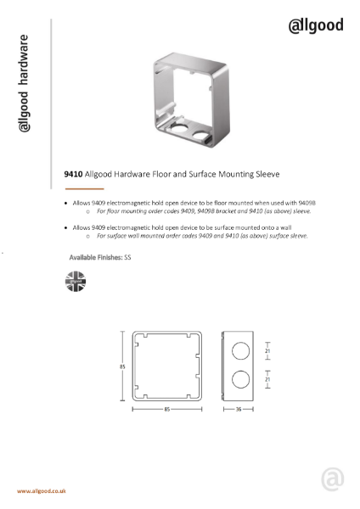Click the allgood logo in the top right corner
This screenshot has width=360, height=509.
click(x=316, y=25)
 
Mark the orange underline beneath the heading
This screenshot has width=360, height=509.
click(x=84, y=188)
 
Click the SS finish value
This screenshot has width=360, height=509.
click(x=128, y=255)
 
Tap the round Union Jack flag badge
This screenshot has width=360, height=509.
click(x=76, y=282)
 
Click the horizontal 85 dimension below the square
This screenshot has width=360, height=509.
click(x=166, y=409)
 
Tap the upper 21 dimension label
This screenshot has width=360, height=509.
click(x=267, y=349)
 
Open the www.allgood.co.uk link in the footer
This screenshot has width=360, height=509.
click(x=42, y=491)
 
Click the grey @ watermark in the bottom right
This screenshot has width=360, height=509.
click(x=332, y=478)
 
